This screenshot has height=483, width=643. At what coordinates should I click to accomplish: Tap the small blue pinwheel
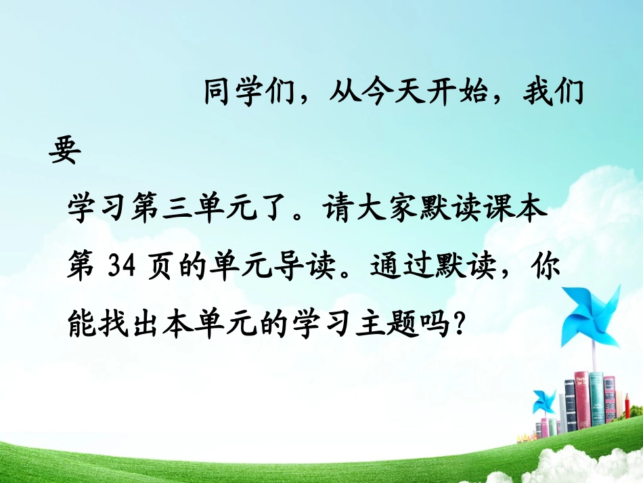coord(543,401)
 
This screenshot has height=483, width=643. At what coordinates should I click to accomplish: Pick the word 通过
coord(393,269)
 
